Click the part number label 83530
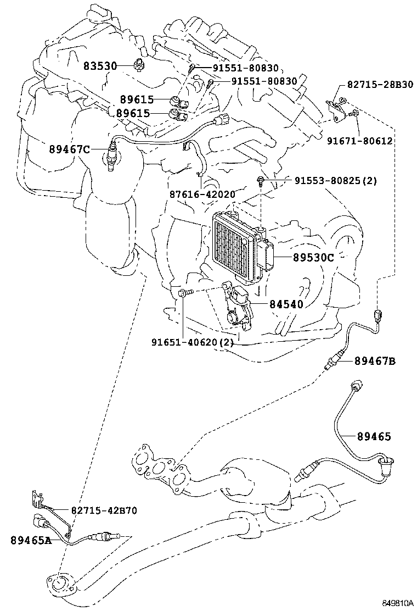click(x=100, y=66)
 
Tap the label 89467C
click(x=69, y=148)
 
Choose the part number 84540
click(x=286, y=303)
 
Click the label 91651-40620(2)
click(x=193, y=342)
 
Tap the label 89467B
click(x=375, y=360)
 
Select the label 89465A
click(x=31, y=540)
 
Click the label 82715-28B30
click(x=380, y=84)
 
